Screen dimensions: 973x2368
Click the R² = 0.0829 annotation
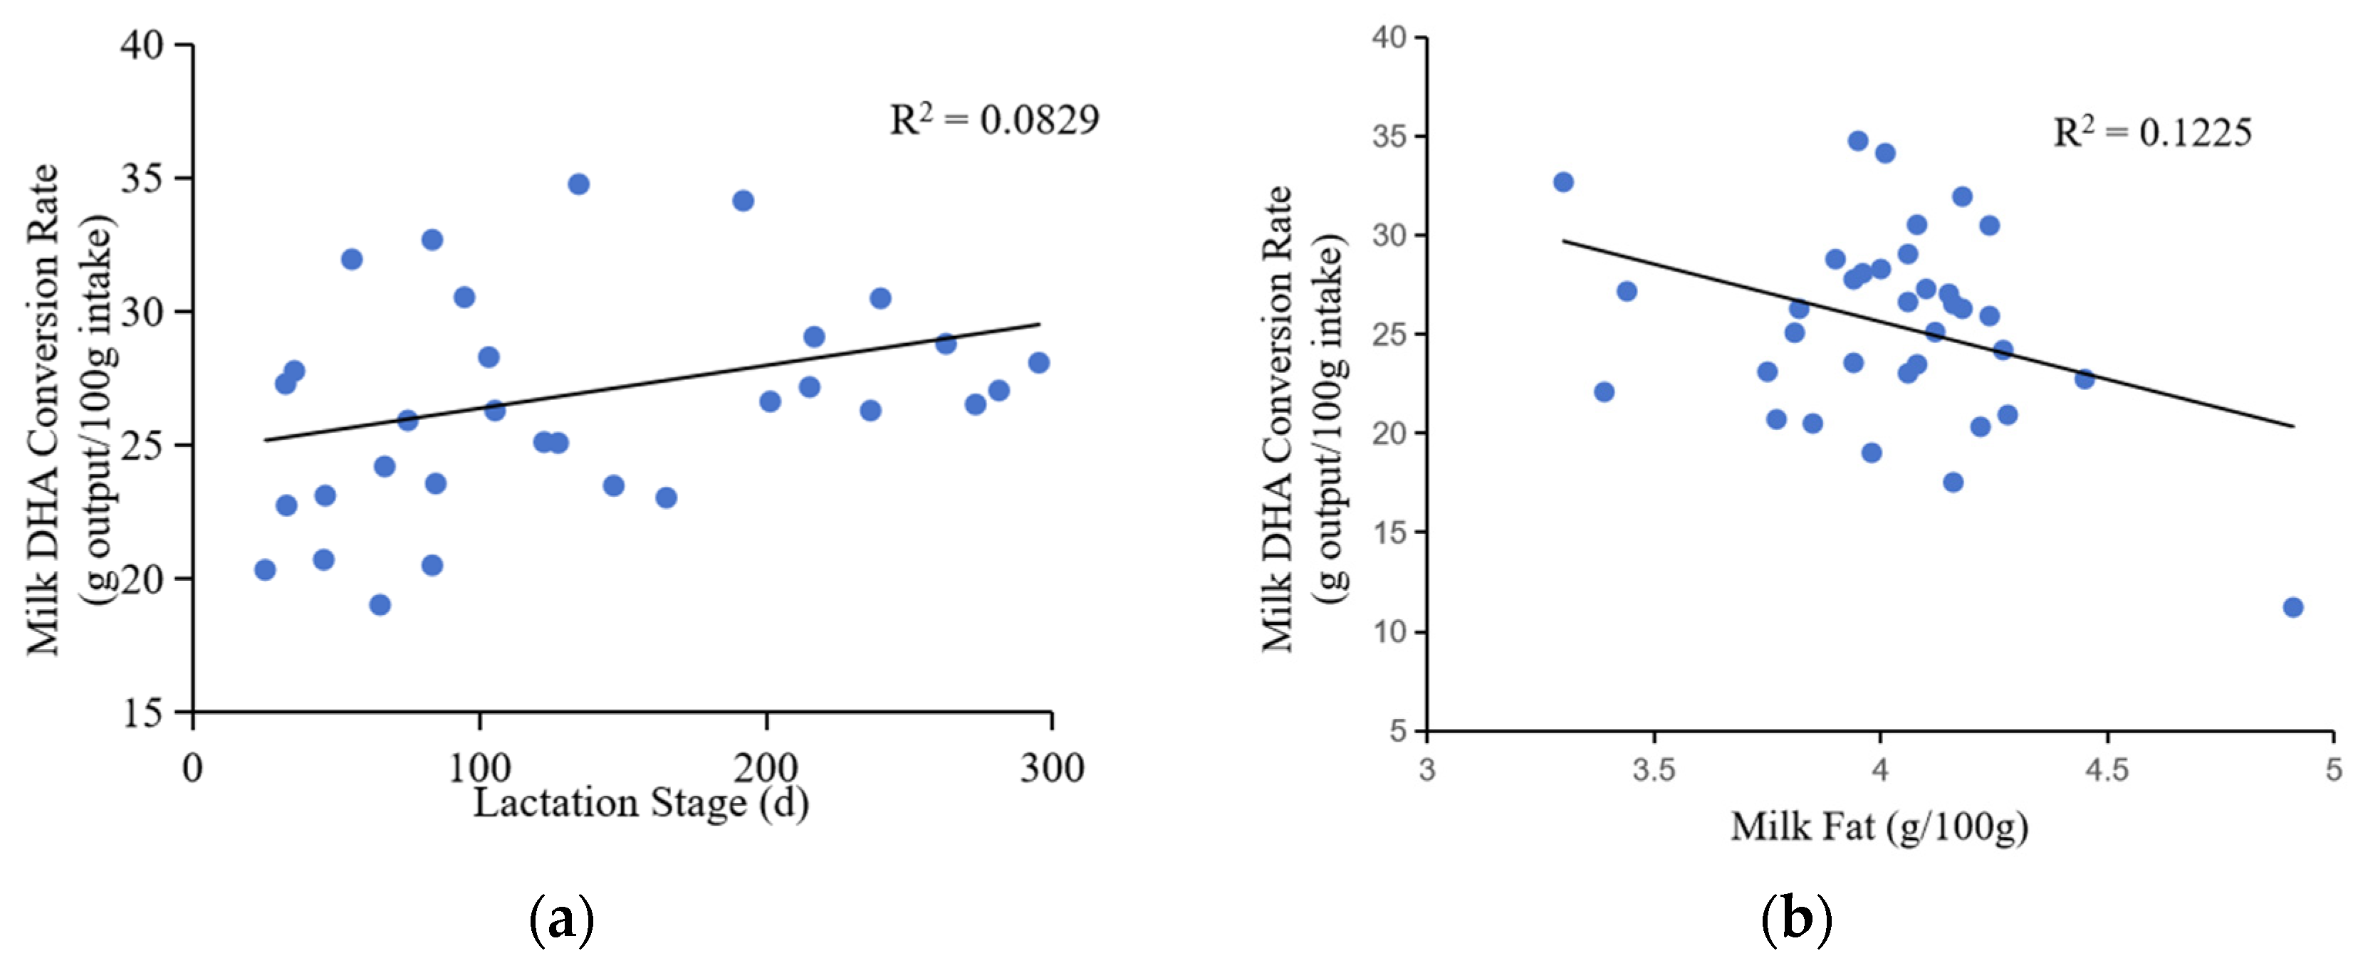coord(993,120)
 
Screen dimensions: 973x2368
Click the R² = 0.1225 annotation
coord(2152,133)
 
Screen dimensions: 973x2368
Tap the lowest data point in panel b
coord(2293,607)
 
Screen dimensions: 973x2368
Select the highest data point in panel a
coord(578,184)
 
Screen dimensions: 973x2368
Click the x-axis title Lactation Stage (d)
coord(641,803)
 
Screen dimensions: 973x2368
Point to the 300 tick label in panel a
coord(1052,768)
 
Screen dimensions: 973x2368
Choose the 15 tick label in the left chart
coord(142,713)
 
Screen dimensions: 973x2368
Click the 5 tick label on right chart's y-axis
coord(1398,732)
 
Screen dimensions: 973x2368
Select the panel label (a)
coord(562,919)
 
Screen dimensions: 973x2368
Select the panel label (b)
coord(1796,919)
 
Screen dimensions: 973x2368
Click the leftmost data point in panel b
coord(1563,182)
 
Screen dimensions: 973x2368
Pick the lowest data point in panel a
coord(380,604)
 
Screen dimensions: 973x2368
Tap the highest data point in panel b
coord(1858,140)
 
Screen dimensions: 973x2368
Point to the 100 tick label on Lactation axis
coord(479,768)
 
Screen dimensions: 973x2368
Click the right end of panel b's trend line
coord(2293,426)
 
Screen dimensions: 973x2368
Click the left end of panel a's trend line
coord(266,440)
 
